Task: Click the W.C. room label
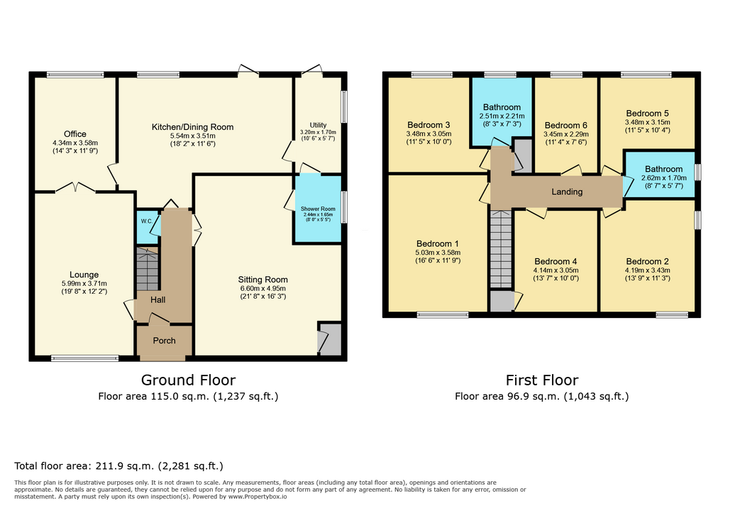(146, 221)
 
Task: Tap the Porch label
(165, 341)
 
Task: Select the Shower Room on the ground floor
(318, 209)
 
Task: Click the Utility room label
(318, 125)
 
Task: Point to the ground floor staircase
(147, 269)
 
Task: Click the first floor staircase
(501, 249)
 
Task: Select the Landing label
(567, 192)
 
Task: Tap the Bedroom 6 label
(565, 126)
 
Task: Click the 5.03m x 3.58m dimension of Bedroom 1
(438, 253)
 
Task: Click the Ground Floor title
(188, 380)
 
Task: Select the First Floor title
(542, 380)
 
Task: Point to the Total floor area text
(118, 466)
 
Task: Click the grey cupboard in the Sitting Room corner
(330, 339)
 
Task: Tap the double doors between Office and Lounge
(75, 188)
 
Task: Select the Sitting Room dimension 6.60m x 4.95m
(263, 288)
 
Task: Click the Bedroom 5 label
(647, 113)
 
